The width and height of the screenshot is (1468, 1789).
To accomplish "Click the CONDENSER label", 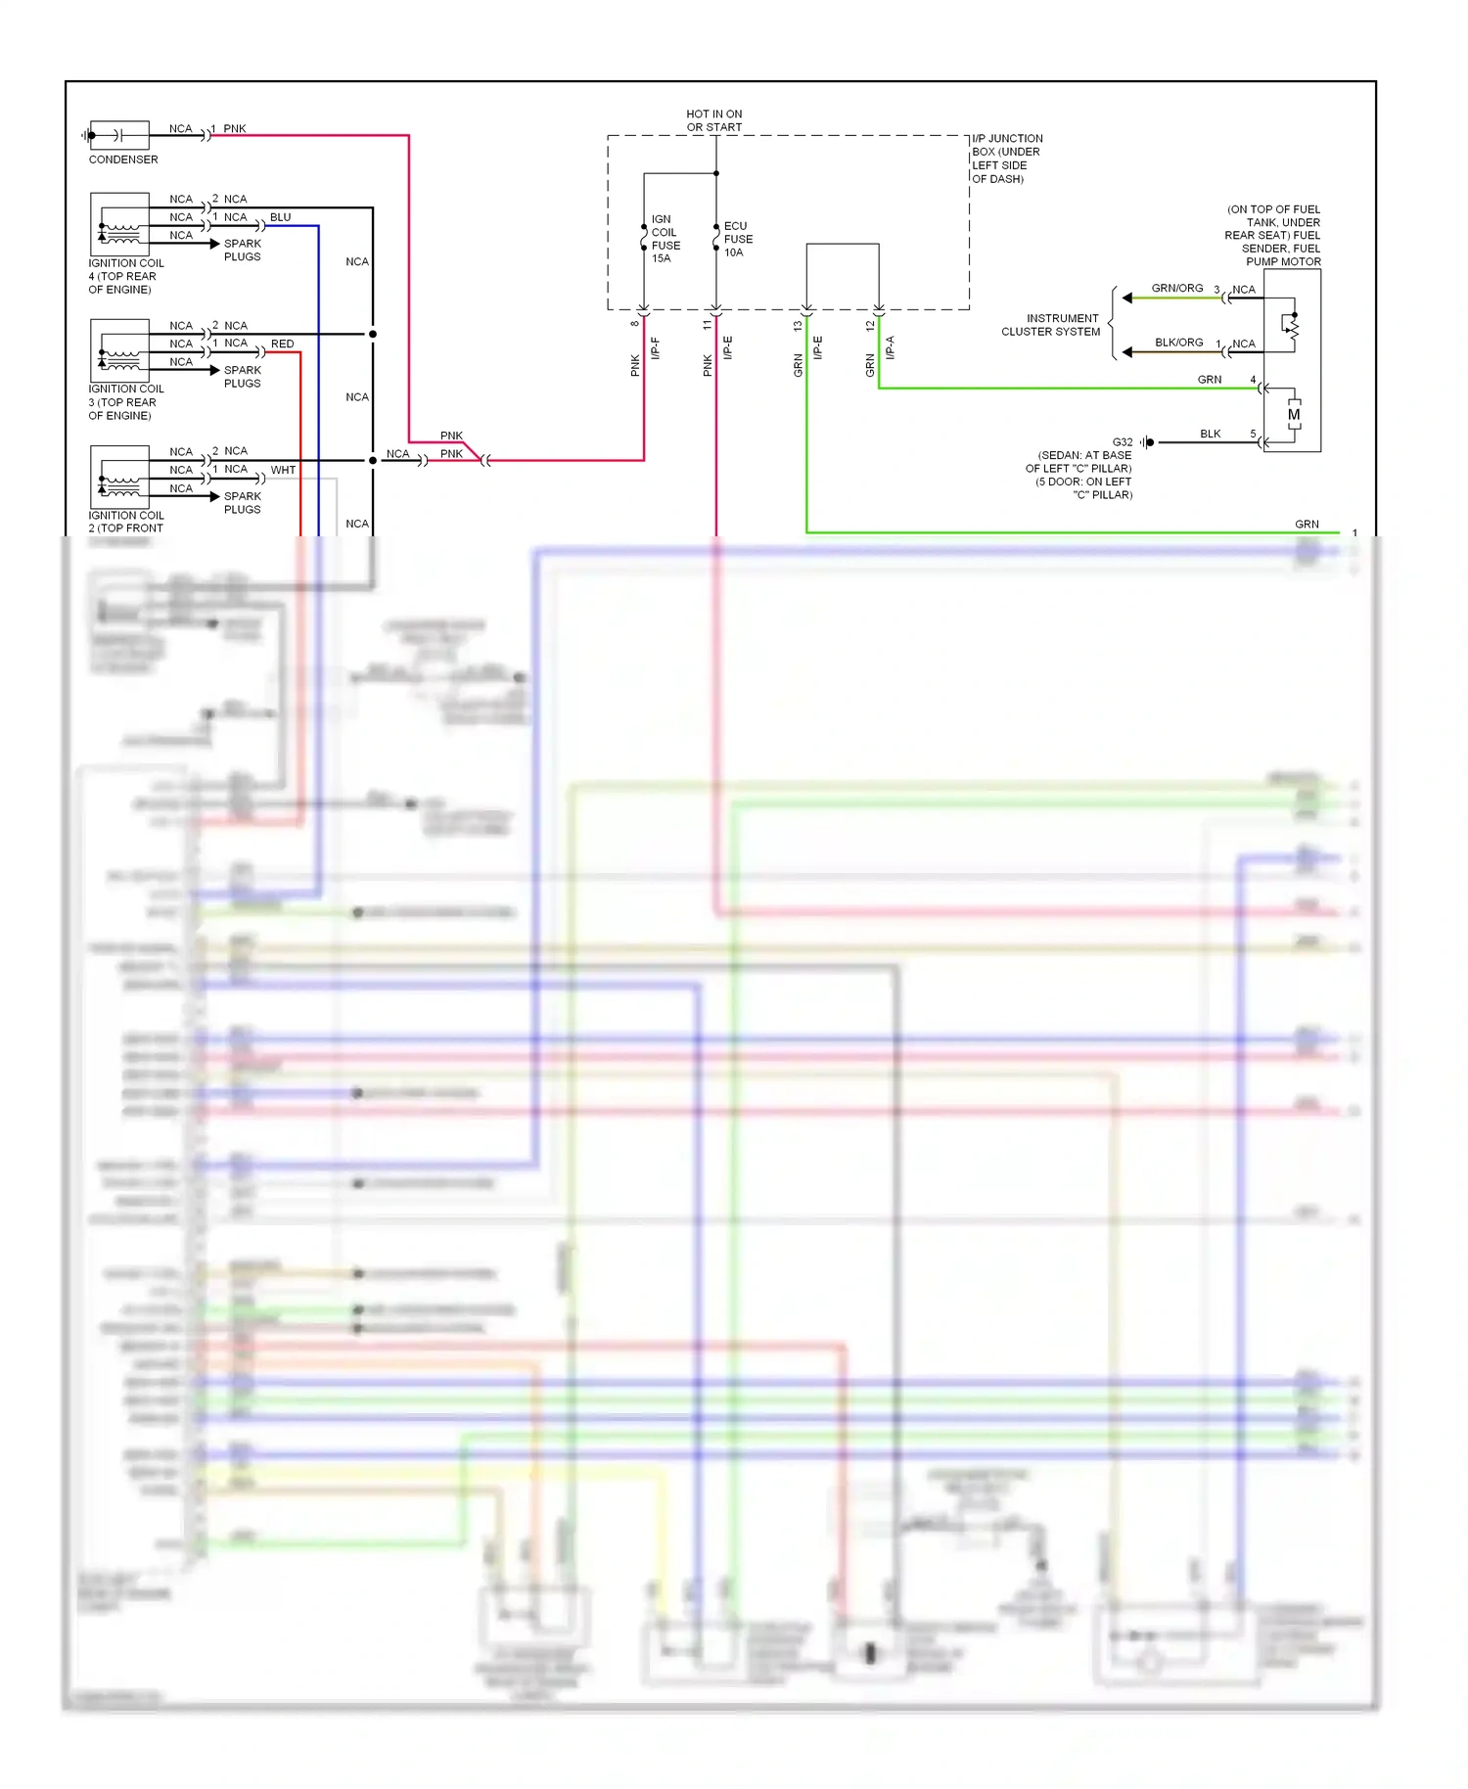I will [122, 160].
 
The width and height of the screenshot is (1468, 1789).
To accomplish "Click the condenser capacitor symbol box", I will [119, 135].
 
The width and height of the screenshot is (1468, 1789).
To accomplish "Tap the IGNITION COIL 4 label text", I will [125, 276].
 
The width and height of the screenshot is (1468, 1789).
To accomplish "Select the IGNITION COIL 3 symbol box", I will [119, 350].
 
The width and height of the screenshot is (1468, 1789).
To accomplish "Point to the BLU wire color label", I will [280, 217].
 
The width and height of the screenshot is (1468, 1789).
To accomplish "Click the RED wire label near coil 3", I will [282, 344].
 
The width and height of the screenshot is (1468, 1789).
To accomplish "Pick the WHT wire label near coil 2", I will [283, 470].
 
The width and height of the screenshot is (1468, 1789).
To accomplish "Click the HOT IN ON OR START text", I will [713, 120].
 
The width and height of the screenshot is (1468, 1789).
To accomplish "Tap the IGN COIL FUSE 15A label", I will [665, 239].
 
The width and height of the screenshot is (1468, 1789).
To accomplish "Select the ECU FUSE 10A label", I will [738, 239].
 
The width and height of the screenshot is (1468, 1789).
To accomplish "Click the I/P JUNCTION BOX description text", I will [1006, 159].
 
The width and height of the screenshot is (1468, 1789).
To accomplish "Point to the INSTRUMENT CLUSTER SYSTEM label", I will [1050, 325].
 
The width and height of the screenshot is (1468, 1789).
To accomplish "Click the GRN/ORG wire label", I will [1176, 289].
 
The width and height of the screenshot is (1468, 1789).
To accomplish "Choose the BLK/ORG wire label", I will [1178, 343].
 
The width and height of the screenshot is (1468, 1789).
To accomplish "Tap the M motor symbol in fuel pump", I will [1294, 415].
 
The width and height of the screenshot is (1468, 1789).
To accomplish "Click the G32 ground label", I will [1122, 442].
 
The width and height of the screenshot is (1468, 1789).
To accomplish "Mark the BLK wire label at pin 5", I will [1210, 434].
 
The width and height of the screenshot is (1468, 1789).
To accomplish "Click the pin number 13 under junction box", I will [798, 325].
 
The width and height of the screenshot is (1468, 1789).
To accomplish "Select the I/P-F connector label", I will [656, 347].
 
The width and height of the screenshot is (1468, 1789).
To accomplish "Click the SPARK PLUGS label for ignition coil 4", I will [242, 250].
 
